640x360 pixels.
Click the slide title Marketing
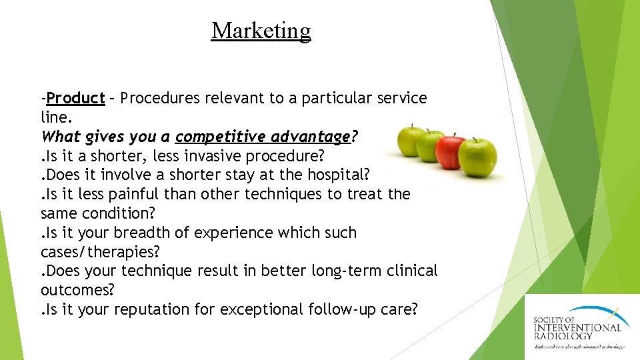click(261, 31)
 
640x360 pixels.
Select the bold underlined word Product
click(76, 99)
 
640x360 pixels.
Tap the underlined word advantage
click(311, 137)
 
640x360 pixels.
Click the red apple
click(451, 150)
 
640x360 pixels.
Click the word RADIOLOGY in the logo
click(563, 336)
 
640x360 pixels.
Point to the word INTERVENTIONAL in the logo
click(577, 327)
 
